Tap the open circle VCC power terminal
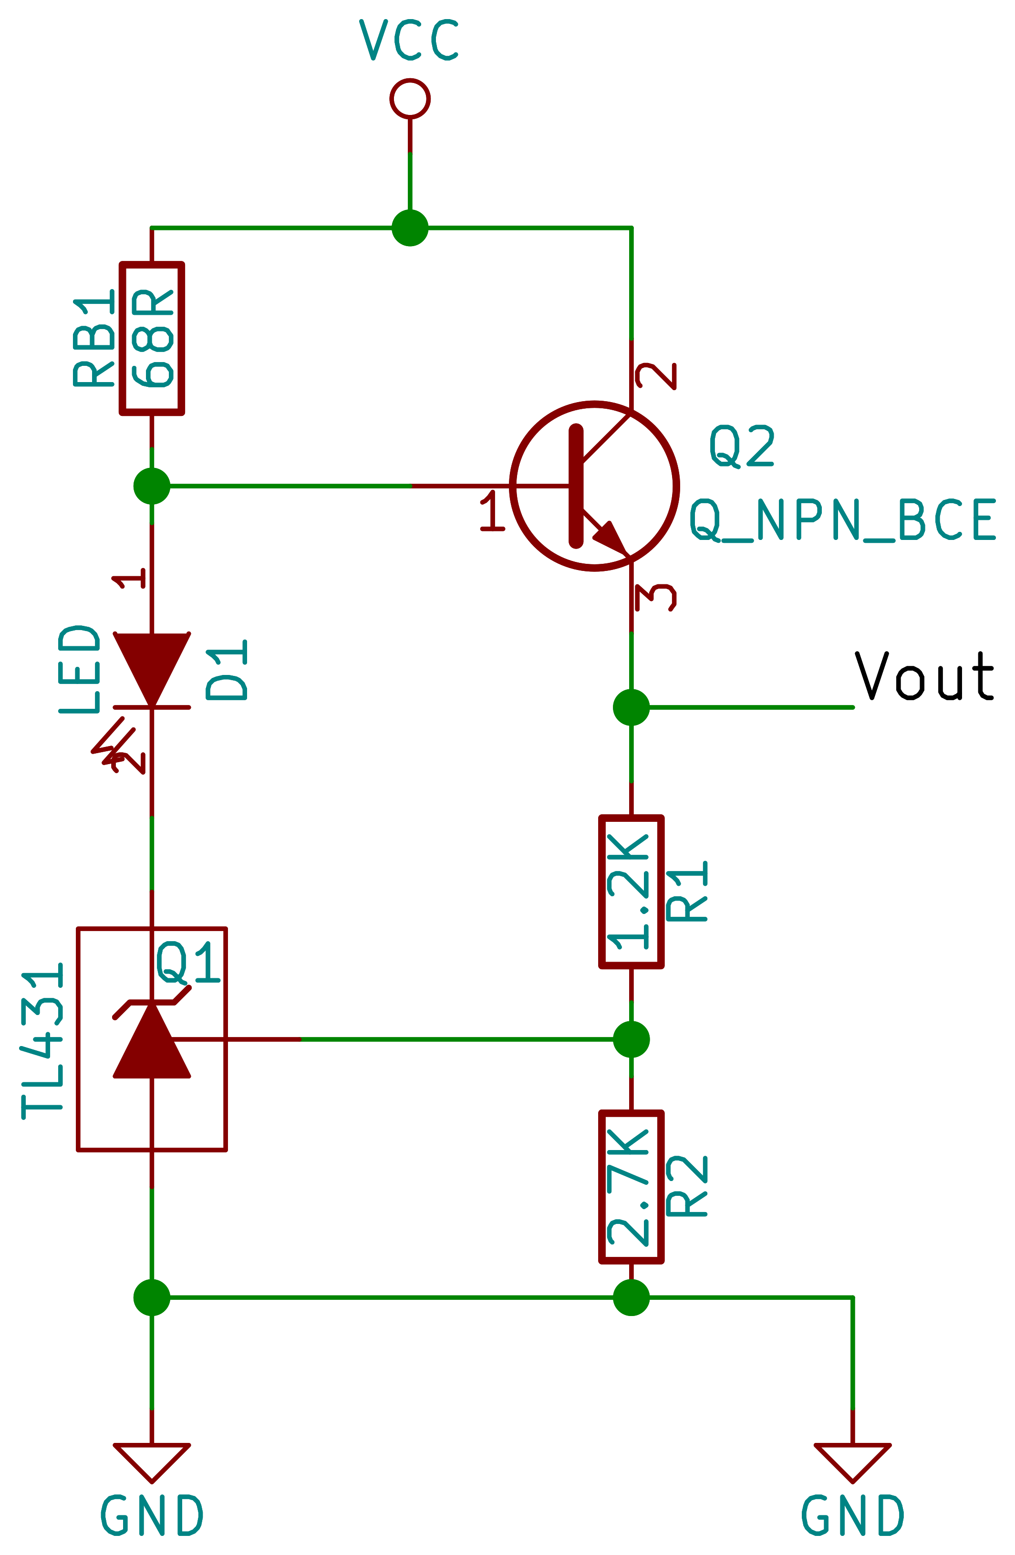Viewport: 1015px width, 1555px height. coord(410,99)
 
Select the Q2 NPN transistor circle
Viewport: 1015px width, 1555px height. coord(594,486)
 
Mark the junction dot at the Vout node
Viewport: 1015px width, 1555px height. coord(631,707)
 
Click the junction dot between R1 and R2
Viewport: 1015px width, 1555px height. coord(631,1039)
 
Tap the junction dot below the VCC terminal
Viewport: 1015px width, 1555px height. coord(410,228)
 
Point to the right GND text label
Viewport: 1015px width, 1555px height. coord(852,1516)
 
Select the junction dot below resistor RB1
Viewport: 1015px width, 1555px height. coord(152,486)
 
